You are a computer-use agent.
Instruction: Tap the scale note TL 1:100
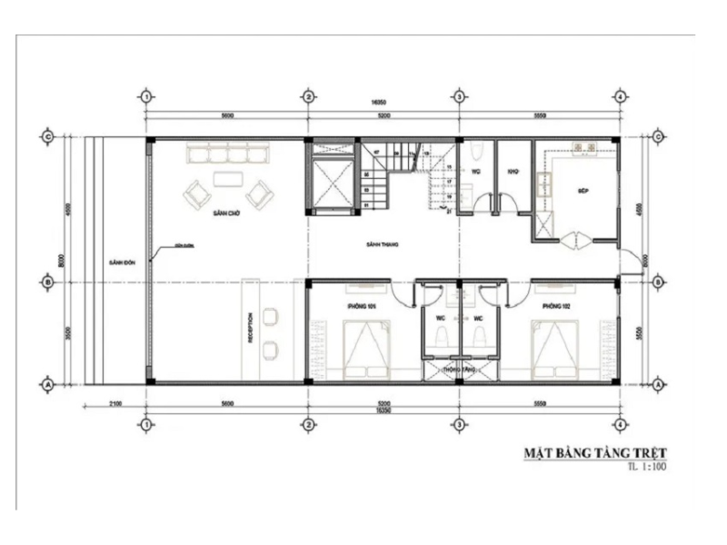click(x=646, y=468)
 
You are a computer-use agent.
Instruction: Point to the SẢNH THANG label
click(x=383, y=244)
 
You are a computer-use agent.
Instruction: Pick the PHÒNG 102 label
click(x=555, y=306)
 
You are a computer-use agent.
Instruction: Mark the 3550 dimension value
click(x=642, y=332)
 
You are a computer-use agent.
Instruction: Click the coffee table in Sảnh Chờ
click(x=227, y=178)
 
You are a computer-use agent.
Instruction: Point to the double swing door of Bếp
click(x=575, y=240)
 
